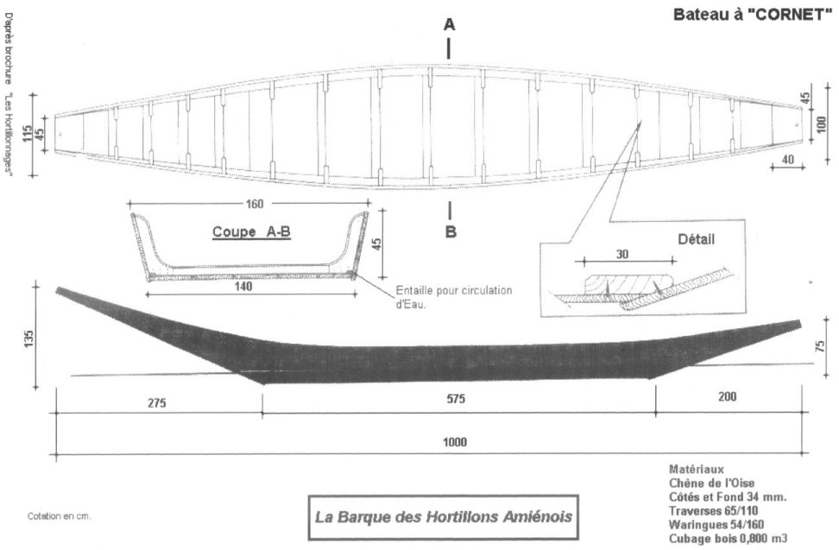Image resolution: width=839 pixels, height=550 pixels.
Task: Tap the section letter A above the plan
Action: (449, 26)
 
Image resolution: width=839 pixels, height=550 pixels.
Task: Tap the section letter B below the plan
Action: (451, 231)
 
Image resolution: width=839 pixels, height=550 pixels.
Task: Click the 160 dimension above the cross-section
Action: (254, 204)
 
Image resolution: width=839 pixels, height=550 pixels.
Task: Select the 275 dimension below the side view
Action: (156, 402)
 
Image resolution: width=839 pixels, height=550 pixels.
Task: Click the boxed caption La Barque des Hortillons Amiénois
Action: (442, 518)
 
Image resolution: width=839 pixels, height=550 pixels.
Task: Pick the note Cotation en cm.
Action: (60, 516)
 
